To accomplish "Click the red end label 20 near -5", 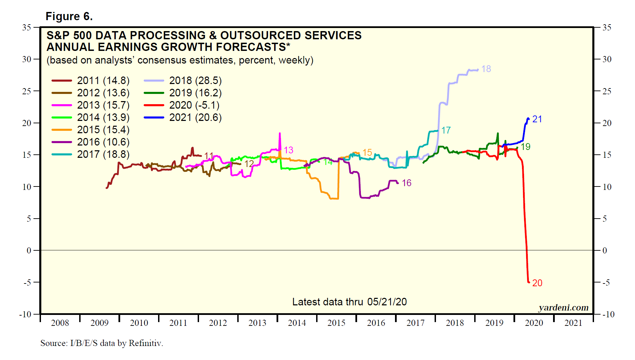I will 537,283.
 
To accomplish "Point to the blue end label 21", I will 537,119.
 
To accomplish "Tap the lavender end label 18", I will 486,69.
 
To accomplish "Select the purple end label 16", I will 406,183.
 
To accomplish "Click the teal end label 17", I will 446,130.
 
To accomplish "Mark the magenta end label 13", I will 288,150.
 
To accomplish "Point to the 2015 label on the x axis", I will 336,323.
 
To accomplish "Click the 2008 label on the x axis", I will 60,323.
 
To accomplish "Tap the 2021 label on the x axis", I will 573,323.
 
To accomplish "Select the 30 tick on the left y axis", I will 27,59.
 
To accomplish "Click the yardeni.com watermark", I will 563,308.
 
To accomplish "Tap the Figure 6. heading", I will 69,16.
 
